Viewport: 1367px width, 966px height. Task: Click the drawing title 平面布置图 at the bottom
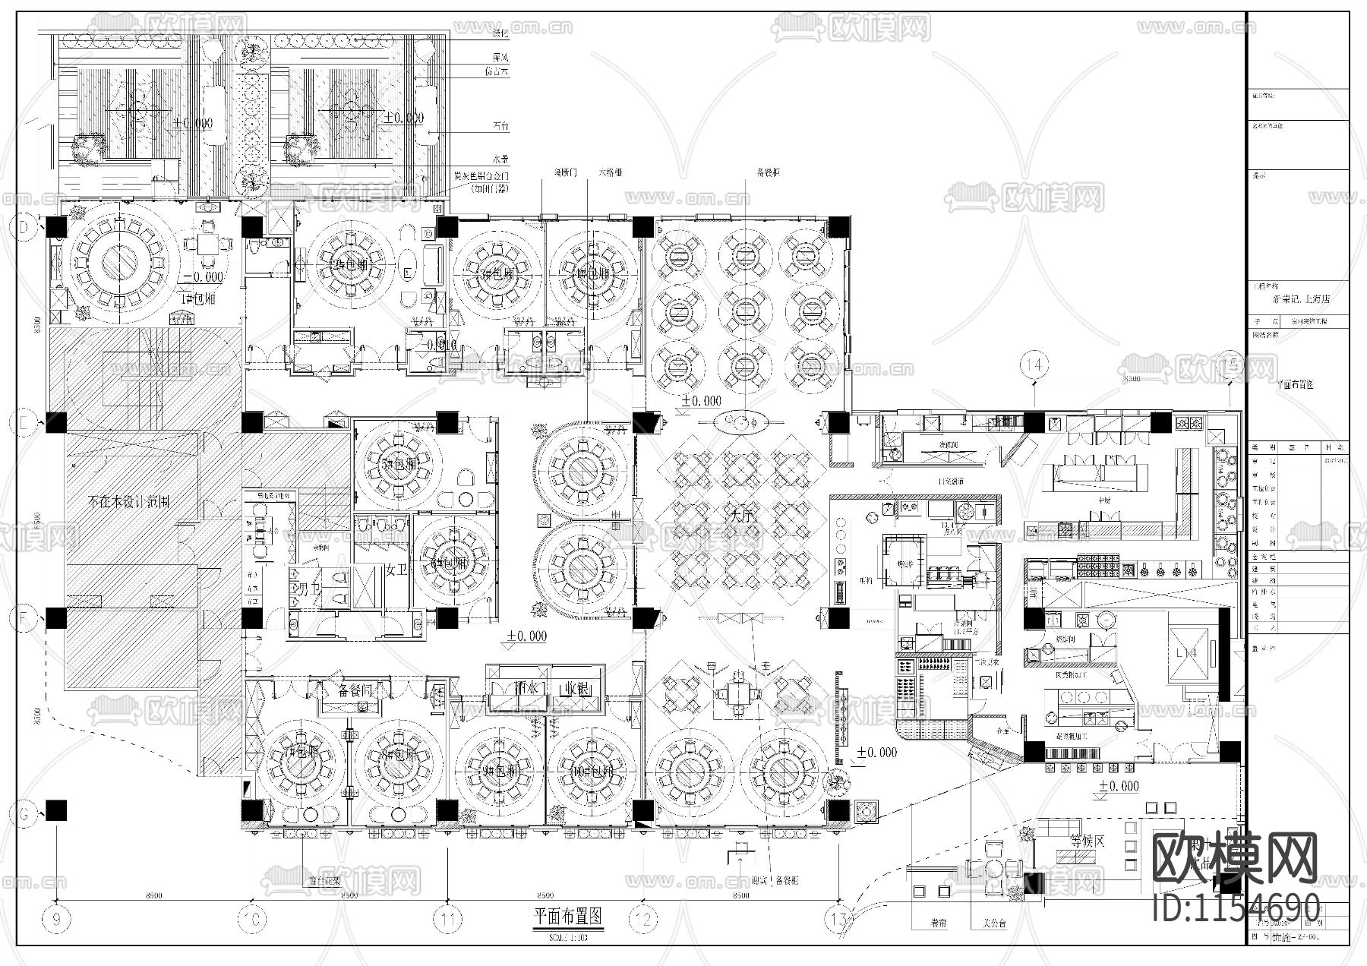point(568,917)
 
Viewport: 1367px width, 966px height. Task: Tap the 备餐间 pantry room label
point(354,690)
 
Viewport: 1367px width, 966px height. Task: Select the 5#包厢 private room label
point(396,462)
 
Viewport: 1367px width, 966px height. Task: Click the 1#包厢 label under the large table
point(197,298)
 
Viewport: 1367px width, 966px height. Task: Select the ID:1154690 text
point(1236,908)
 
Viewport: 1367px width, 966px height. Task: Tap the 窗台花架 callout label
point(302,882)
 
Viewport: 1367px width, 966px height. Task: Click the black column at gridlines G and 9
point(57,810)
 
